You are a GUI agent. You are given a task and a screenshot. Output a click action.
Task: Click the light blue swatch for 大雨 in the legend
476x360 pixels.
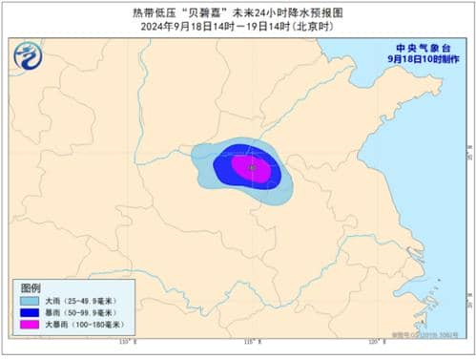[x=31, y=300]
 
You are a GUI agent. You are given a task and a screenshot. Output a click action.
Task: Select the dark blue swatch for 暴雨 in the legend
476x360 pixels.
[x=31, y=312]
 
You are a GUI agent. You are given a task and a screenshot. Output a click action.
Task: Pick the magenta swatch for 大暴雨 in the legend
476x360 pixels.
[x=31, y=326]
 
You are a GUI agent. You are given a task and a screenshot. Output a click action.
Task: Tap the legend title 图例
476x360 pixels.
[x=31, y=287]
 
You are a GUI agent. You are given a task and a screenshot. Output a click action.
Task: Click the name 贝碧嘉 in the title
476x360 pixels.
[x=206, y=12]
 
